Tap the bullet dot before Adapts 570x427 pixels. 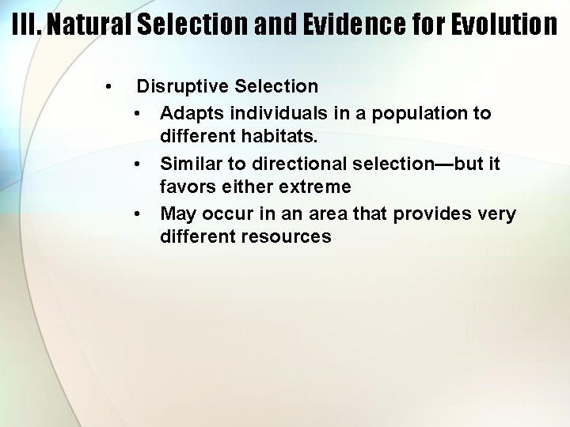coord(138,113)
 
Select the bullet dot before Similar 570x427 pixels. coord(138,164)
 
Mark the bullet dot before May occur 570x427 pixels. coord(138,214)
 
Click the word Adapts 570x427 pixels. coord(187,113)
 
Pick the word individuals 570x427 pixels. coord(259,113)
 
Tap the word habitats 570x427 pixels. coord(283,137)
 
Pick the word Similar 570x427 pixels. coord(189,164)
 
